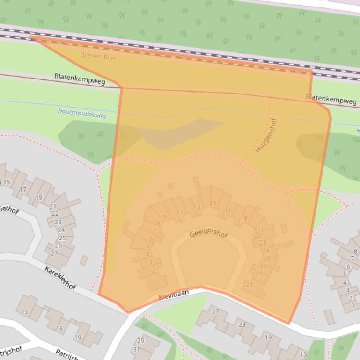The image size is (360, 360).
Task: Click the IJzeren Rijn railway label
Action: point(97,57)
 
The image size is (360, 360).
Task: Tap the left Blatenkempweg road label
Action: point(80,78)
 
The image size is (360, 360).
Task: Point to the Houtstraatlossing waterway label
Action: point(82,113)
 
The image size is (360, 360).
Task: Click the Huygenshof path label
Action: point(266,135)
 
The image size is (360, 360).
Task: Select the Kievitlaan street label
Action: point(173,295)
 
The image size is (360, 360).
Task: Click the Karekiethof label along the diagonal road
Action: point(60,278)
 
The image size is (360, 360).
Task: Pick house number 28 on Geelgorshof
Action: point(249,285)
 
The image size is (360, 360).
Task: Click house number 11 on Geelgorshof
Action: point(180,212)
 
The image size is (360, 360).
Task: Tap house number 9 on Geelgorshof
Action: point(164,217)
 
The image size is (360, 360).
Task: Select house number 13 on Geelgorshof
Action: point(197,206)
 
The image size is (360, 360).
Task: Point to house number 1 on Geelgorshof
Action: point(162,281)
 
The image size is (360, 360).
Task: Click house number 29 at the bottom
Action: point(140,341)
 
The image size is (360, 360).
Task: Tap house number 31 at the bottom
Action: point(136,349)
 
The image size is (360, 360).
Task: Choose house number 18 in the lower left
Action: point(59,329)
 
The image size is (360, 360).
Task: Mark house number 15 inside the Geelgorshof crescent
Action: point(213,203)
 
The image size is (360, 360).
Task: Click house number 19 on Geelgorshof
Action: point(243,218)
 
